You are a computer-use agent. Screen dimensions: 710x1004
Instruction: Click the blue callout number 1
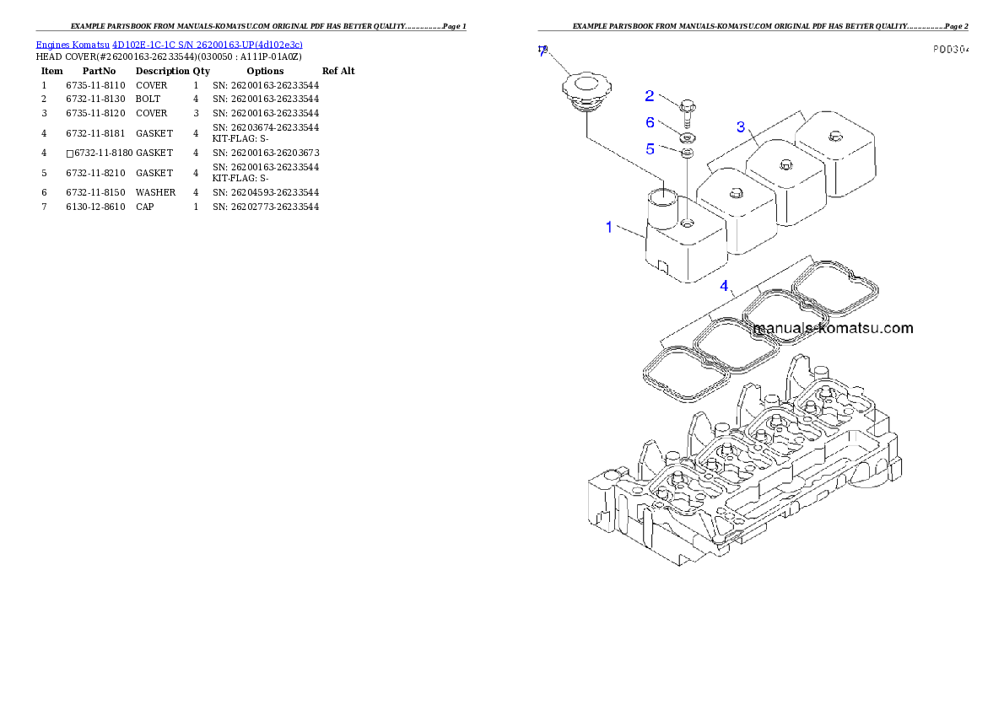[608, 227]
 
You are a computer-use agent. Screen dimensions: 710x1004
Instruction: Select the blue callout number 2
[650, 95]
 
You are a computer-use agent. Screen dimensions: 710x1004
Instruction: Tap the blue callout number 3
[741, 126]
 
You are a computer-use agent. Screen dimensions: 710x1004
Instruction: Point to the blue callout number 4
[724, 286]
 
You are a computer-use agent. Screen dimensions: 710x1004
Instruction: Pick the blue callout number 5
[650, 148]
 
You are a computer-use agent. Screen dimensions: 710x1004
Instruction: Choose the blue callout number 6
[650, 122]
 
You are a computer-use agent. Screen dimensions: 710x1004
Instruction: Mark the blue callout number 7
[542, 52]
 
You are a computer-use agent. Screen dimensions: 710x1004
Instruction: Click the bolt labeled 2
[686, 110]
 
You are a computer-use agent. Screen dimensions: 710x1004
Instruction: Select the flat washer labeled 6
[687, 137]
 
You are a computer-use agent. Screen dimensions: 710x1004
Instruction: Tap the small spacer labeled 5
[687, 153]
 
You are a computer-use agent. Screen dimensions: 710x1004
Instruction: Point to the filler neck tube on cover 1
[661, 207]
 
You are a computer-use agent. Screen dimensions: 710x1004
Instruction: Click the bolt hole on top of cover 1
[688, 223]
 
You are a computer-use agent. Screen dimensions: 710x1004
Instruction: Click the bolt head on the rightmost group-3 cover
[834, 136]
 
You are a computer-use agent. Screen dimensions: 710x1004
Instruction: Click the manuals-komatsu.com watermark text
[832, 328]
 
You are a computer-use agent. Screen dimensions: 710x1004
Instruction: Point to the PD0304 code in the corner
[950, 50]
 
